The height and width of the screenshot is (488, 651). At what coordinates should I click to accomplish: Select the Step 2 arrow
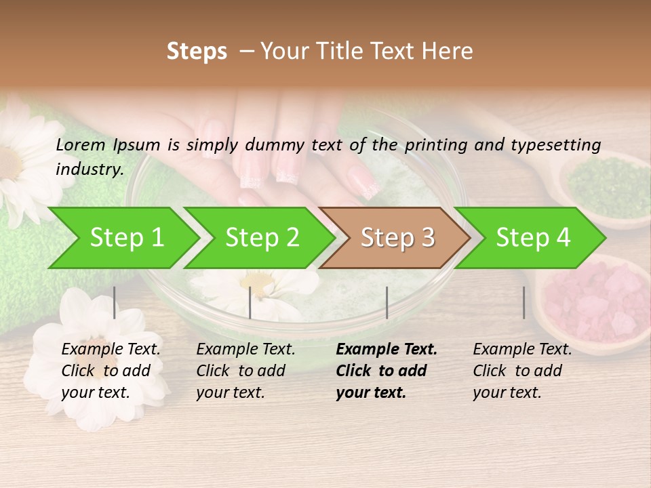(x=262, y=238)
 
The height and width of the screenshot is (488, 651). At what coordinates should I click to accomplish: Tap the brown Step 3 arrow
(x=397, y=238)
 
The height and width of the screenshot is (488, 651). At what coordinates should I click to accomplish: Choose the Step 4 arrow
(x=533, y=238)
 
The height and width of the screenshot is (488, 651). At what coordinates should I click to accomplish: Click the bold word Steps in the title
(x=197, y=52)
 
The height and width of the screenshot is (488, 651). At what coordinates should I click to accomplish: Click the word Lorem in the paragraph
(x=81, y=144)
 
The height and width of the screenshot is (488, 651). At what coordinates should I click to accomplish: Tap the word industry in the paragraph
(x=89, y=169)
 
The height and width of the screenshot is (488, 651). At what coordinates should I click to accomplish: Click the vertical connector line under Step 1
(x=115, y=302)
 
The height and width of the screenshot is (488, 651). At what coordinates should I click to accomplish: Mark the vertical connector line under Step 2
(x=250, y=302)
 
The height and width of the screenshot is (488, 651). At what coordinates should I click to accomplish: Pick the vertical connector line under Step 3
(x=387, y=302)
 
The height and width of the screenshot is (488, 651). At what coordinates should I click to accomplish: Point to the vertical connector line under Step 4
(x=524, y=302)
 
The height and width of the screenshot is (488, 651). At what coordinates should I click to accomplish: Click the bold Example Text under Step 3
(x=387, y=349)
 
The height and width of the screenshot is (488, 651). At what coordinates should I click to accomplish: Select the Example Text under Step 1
(x=111, y=349)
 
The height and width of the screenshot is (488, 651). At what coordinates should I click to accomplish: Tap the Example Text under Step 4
(x=522, y=349)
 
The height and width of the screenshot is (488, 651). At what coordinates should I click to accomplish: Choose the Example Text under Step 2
(x=245, y=349)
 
